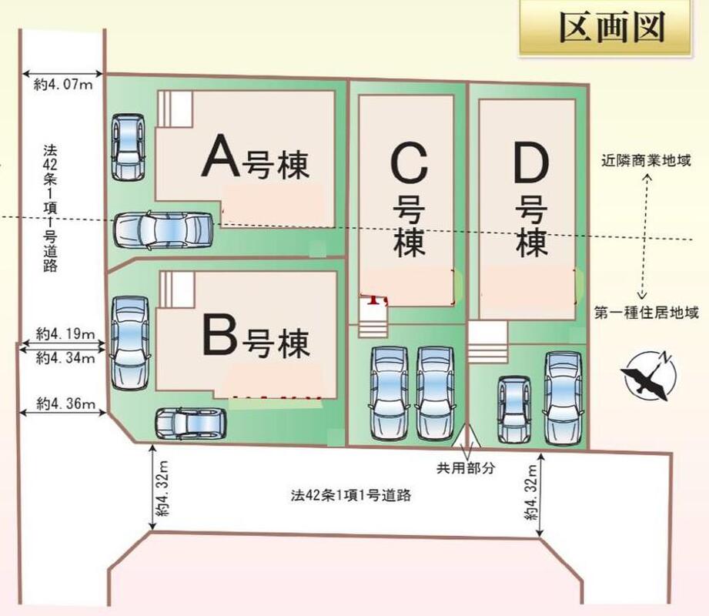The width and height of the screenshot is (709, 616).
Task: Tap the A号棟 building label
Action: tap(255, 161)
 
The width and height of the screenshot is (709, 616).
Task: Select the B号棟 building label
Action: tap(255, 340)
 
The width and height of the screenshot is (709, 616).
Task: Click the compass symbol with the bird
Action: tap(650, 375)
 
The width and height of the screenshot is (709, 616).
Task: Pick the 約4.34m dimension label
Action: tap(65, 357)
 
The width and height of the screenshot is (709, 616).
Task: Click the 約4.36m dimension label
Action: tap(65, 403)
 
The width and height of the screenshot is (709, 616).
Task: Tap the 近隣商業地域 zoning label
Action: tap(647, 162)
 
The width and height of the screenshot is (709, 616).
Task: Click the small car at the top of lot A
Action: tap(127, 147)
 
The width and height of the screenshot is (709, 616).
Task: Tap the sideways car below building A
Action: tap(163, 229)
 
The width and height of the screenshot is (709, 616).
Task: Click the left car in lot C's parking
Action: tap(389, 393)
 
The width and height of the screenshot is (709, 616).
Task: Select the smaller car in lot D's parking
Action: tap(513, 409)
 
